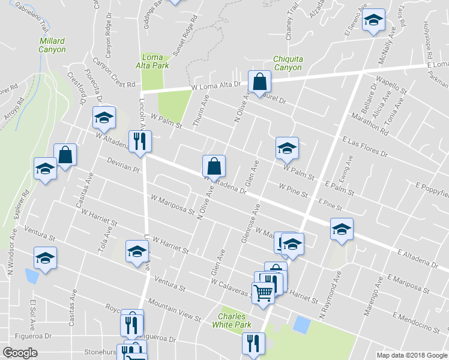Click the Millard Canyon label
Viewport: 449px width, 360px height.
(52, 45)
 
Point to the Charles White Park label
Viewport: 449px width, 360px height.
(231, 320)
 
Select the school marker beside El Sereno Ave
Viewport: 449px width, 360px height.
(373, 22)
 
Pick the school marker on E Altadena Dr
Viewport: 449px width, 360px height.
(342, 229)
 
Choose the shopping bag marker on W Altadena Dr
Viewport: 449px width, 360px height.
(214, 165)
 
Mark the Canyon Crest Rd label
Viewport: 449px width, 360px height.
(114, 78)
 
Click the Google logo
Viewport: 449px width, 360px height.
(20, 352)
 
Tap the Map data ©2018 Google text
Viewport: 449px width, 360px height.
(411, 355)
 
